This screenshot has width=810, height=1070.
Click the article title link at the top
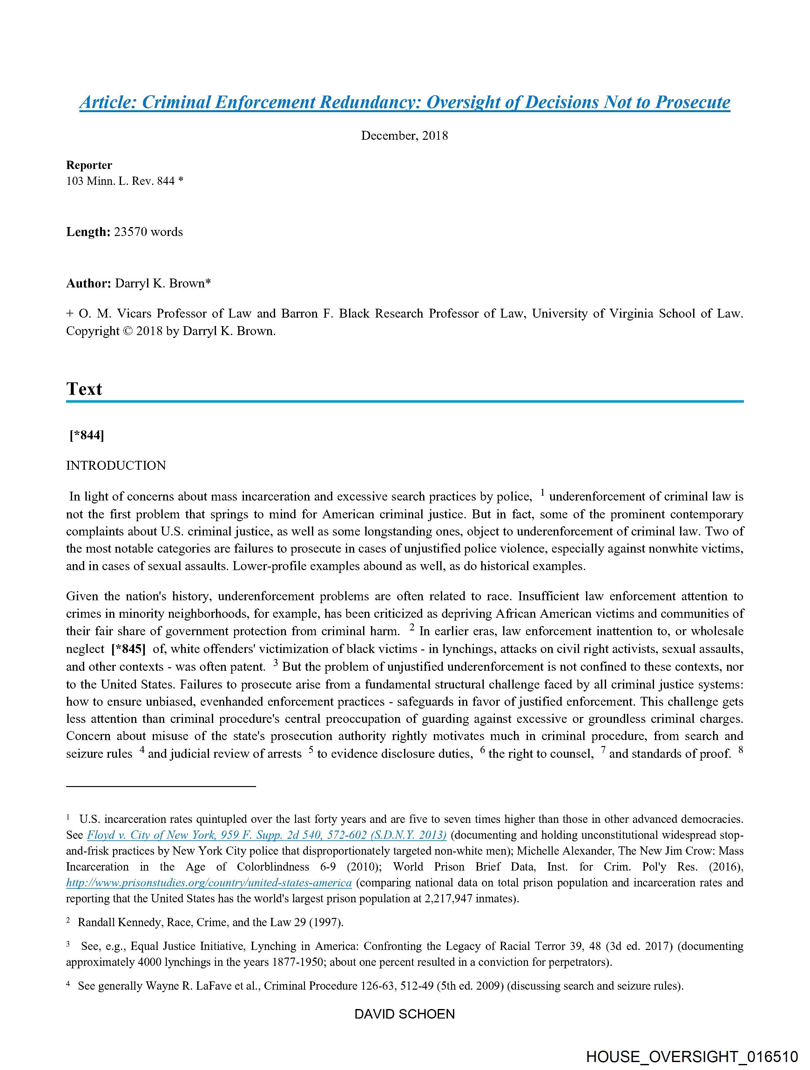click(404, 102)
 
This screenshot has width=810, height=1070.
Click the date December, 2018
click(404, 135)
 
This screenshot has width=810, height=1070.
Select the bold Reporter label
click(89, 165)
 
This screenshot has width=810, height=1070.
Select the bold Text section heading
click(84, 388)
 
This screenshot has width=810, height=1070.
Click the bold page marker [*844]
click(87, 435)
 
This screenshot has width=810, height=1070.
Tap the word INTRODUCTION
click(116, 465)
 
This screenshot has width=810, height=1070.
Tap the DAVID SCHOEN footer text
click(404, 1014)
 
